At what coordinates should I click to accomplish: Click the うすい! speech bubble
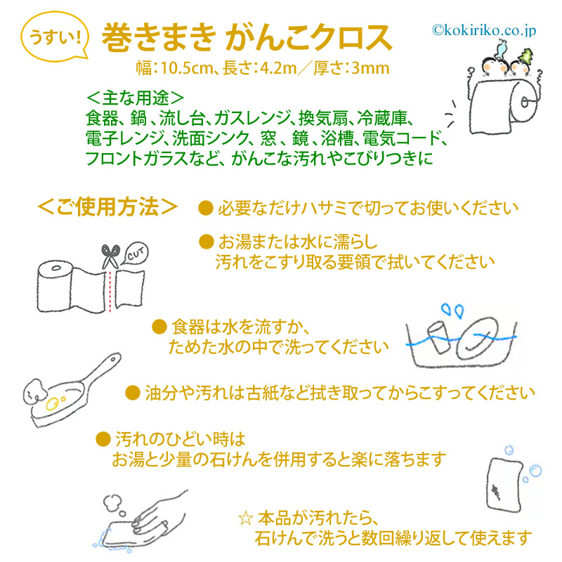tap(55, 37)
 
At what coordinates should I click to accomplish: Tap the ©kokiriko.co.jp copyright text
tap(484, 30)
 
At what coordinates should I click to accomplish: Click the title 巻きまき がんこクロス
tap(247, 38)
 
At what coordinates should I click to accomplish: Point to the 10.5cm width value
tap(186, 68)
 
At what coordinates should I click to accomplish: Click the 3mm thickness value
tap(370, 68)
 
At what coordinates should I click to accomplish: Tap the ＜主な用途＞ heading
tap(135, 98)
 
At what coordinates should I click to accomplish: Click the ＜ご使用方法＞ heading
tap(107, 207)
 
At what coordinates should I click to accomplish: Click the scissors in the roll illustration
tap(110, 256)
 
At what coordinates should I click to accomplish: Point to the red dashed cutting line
tap(110, 291)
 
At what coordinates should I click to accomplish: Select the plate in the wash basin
tap(478, 339)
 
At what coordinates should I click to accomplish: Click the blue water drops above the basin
tap(452, 311)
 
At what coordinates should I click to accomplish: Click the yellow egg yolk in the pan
tap(52, 403)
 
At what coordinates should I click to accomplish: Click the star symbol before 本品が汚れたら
tap(246, 518)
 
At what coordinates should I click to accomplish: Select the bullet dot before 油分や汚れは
tap(132, 393)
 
